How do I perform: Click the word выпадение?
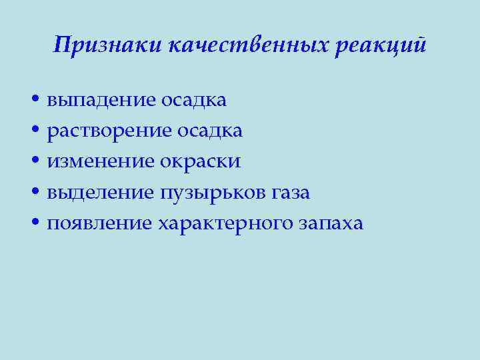coord(101,100)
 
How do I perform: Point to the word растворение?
coord(109,131)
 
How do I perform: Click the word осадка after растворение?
coord(210,131)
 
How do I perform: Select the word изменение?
coord(101,162)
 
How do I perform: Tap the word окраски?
coord(201,162)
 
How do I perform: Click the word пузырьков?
coord(213,193)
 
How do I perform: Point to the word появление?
coord(101,223)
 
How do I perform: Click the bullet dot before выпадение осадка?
coord(34,101)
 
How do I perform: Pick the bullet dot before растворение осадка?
coord(34,131)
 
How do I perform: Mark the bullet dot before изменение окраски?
coord(34,162)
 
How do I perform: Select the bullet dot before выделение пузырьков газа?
coord(34,193)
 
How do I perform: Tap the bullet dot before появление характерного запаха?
coord(34,224)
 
